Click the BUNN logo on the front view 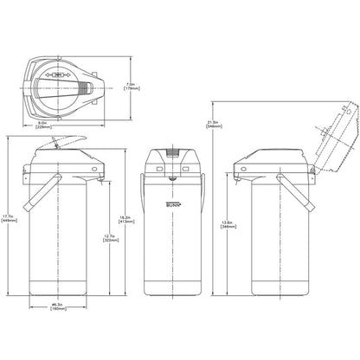pos(175,204)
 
